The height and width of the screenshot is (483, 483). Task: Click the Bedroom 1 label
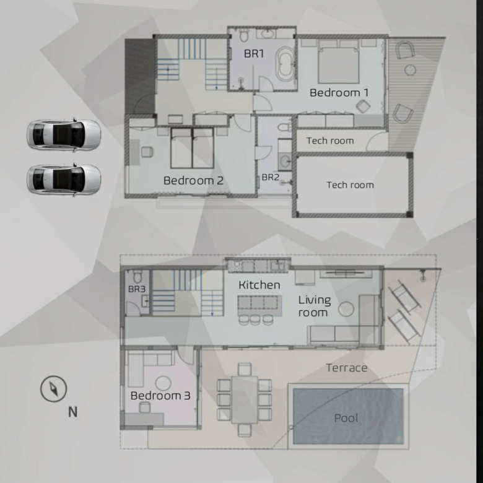tap(339, 93)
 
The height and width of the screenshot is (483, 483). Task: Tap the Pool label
tap(346, 418)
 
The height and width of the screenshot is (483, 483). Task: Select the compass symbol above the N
tap(54, 389)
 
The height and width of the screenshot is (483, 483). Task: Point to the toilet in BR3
tap(137, 276)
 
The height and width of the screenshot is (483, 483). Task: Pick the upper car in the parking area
tap(64, 135)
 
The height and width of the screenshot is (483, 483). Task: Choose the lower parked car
tap(64, 180)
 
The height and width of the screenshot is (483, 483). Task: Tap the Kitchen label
tap(259, 285)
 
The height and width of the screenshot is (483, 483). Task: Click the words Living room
tap(314, 306)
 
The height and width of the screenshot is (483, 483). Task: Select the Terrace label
tap(347, 368)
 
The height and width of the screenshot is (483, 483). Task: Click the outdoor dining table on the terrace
tap(245, 399)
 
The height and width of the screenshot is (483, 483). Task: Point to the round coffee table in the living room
tap(346, 308)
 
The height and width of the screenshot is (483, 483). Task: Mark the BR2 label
tap(270, 178)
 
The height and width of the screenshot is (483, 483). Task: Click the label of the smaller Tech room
tap(330, 141)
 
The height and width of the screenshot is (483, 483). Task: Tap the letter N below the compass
tap(72, 412)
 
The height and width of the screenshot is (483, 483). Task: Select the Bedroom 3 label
tap(160, 396)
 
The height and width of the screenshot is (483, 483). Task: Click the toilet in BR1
tap(243, 35)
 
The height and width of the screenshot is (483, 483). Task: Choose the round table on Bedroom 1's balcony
tap(410, 70)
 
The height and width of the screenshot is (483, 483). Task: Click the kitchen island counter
tap(259, 305)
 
